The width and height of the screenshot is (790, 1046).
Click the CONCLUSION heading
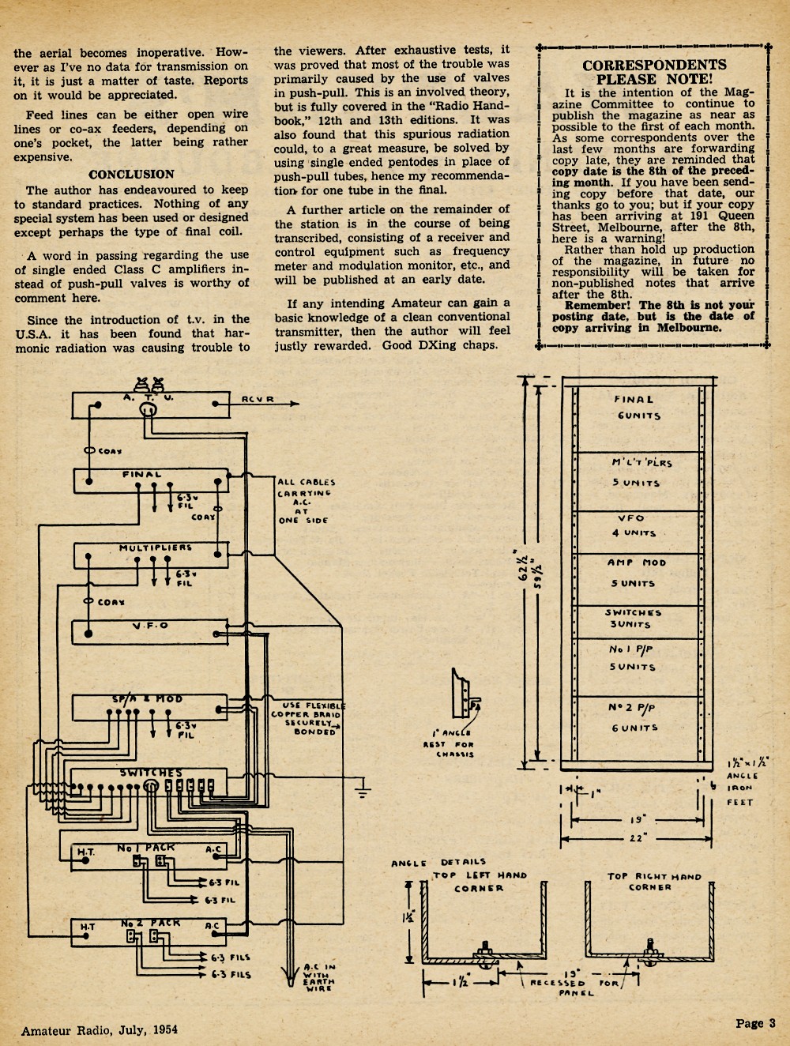tap(131, 175)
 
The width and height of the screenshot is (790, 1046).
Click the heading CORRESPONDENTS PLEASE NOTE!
tap(654, 72)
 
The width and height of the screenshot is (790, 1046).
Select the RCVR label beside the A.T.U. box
tap(258, 399)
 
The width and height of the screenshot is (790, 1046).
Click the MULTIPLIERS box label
tap(156, 547)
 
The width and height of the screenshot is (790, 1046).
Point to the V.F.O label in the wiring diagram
tap(150, 625)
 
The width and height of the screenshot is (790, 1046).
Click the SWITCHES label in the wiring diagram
tap(151, 773)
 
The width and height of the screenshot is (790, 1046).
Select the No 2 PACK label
tap(150, 923)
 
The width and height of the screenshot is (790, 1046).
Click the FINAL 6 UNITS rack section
tap(638, 419)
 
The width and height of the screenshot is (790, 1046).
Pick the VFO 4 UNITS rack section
tap(638, 532)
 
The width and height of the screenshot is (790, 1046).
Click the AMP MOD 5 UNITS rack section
tap(638, 580)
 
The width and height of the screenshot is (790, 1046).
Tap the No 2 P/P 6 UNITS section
tap(638, 728)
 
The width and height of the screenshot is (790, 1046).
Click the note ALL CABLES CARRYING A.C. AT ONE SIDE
tap(307, 501)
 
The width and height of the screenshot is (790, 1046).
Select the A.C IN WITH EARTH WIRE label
tap(319, 978)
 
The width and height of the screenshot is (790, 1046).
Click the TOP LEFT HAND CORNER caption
tap(480, 882)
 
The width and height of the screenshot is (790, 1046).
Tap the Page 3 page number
tap(755, 1022)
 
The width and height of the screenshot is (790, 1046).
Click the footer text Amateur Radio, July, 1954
tap(99, 1029)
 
